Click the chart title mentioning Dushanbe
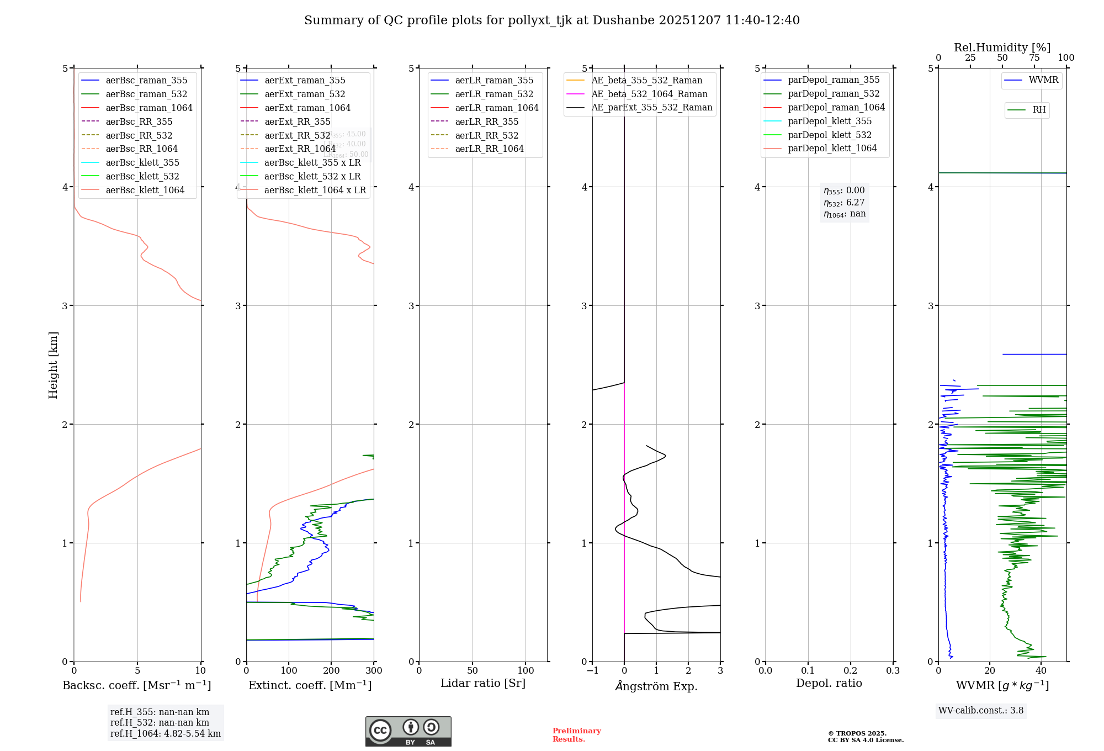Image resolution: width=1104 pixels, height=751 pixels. (x=551, y=20)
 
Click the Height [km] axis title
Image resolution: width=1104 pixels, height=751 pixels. (x=53, y=364)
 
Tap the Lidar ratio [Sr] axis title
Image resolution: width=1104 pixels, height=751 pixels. (x=483, y=683)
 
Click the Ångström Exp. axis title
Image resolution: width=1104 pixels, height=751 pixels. (x=656, y=686)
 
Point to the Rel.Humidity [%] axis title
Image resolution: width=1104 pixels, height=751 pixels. (x=1002, y=47)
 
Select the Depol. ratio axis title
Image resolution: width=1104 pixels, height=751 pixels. (x=829, y=683)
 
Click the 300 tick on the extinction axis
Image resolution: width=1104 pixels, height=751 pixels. (x=374, y=671)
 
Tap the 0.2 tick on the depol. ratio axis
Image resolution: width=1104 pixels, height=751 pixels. (x=851, y=671)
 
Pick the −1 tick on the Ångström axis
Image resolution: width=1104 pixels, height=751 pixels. (x=592, y=671)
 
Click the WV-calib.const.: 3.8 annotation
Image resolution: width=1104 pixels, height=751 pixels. (x=981, y=711)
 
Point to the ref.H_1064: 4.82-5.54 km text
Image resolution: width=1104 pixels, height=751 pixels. (x=166, y=734)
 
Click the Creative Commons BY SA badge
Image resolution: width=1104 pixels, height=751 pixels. (x=408, y=731)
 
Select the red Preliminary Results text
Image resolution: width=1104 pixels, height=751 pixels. (x=576, y=735)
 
